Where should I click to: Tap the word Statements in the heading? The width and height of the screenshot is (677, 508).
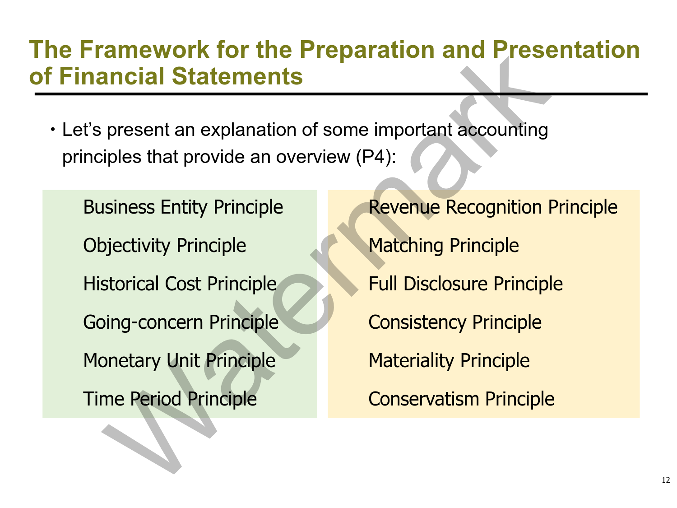237,76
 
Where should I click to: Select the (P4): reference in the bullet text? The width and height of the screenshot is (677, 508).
376,157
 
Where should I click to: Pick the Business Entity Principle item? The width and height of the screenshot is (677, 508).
183,207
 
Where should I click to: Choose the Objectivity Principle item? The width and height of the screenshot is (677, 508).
165,246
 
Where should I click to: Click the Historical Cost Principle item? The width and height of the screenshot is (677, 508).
180,284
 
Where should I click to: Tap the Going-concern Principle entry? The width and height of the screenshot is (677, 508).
181,322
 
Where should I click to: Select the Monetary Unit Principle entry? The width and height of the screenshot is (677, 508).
179,360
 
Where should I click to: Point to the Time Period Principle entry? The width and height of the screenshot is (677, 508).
170,399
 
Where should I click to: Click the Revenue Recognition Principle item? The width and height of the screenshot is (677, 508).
493,207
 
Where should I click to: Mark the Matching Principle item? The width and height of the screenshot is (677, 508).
444,246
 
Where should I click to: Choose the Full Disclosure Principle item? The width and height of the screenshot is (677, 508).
466,284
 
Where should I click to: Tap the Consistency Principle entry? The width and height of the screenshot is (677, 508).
455,322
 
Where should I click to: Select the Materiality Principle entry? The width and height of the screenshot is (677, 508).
449,360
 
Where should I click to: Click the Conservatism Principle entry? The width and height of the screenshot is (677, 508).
461,399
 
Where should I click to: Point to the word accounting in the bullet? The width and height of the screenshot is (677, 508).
503,130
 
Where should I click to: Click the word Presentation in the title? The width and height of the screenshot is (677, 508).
566,50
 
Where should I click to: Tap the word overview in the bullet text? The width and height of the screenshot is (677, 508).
313,157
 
